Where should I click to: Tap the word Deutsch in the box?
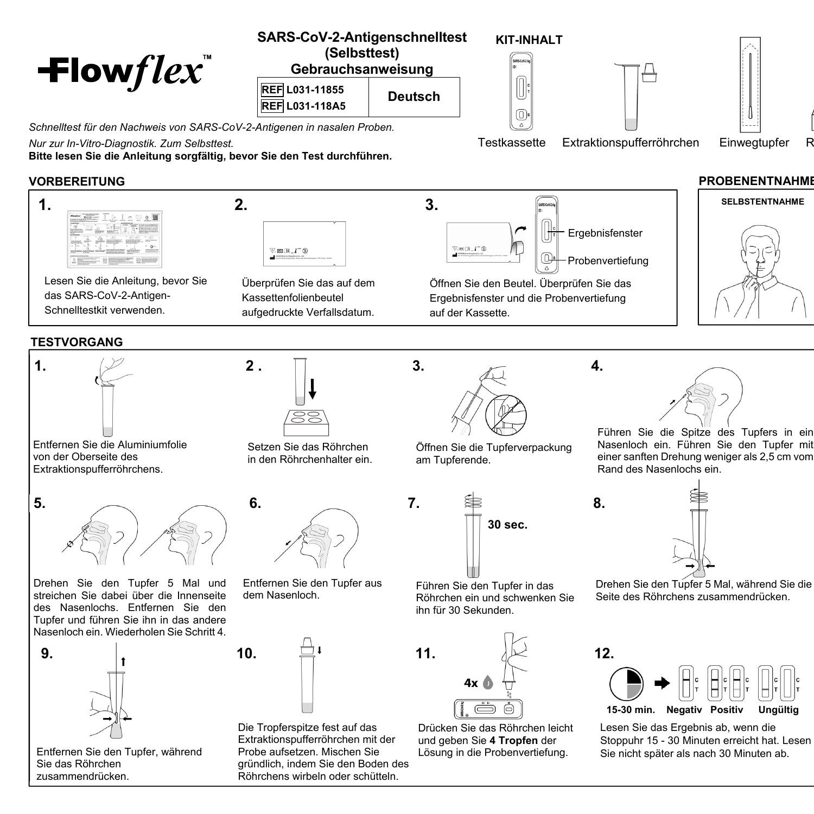414,97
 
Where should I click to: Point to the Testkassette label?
511,143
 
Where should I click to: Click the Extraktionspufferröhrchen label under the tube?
631,143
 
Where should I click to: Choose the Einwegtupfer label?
754,143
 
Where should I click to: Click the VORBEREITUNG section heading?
77,181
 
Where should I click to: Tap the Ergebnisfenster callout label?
605,233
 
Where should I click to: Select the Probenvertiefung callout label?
608,260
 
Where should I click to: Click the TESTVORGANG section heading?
77,342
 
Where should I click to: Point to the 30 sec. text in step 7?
507,525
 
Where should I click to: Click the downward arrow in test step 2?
312,389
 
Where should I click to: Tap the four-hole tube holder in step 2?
307,422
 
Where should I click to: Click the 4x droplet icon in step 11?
487,683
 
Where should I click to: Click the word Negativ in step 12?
684,710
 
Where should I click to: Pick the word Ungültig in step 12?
778,710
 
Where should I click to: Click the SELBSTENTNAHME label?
762,202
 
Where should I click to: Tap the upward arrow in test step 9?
124,661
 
